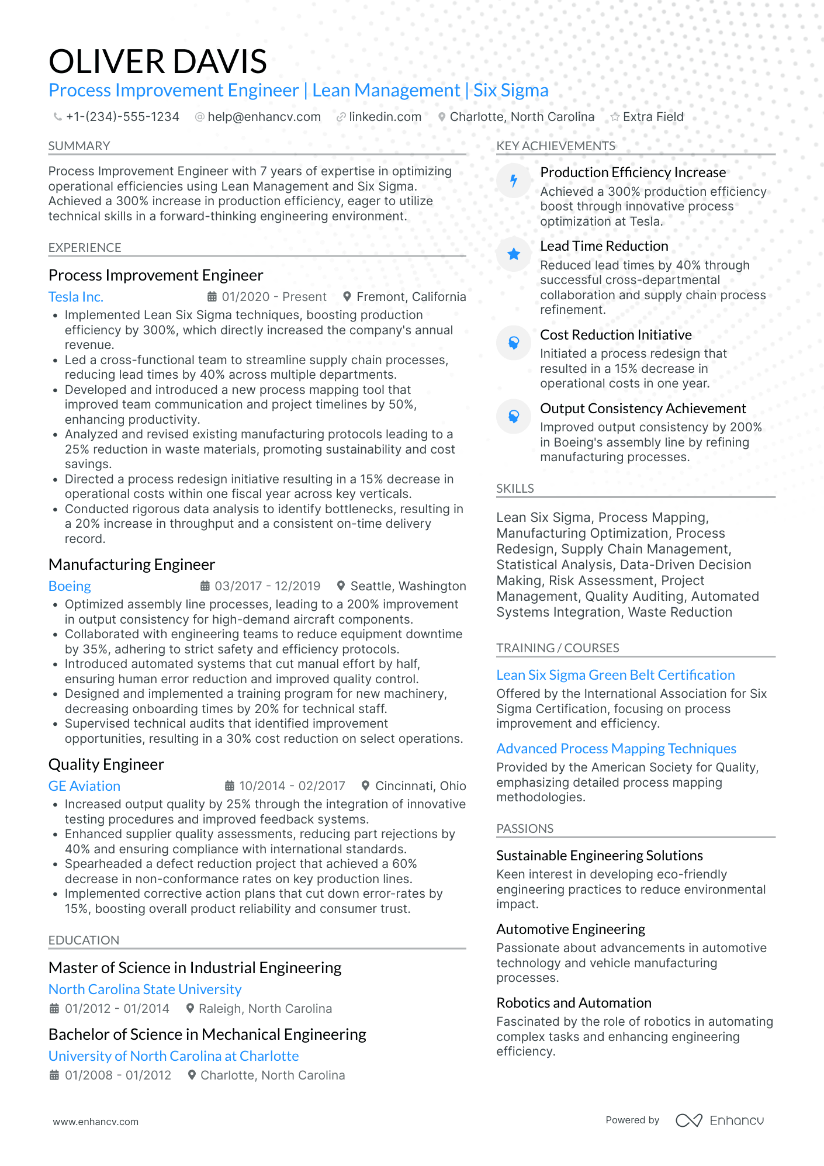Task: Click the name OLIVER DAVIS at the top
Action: tap(158, 61)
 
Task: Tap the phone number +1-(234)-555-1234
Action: tap(122, 117)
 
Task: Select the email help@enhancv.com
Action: tap(264, 117)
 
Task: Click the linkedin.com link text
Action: tap(385, 117)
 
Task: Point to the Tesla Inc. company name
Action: tap(76, 297)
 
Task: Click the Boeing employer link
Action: tap(70, 586)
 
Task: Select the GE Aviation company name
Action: tap(84, 786)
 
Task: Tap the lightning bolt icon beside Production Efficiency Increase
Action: tap(514, 181)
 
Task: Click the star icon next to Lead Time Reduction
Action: tap(514, 254)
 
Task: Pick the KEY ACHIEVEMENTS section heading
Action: tap(555, 146)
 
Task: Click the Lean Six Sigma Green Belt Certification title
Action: tap(615, 675)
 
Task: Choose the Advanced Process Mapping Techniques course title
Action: tap(616, 749)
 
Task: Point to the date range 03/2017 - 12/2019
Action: tap(267, 586)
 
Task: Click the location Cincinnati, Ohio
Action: tap(420, 786)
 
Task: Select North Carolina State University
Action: tap(145, 989)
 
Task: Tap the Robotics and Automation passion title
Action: tap(573, 1003)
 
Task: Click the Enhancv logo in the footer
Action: tap(719, 1120)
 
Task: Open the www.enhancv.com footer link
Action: tap(96, 1122)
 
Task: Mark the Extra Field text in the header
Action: tap(653, 117)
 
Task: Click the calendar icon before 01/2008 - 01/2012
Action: tap(54, 1075)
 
